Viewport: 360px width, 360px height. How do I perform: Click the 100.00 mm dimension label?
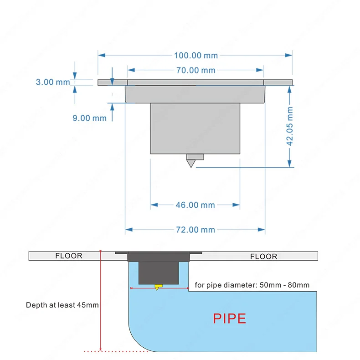click(x=195, y=56)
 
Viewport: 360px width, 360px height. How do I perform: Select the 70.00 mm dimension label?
click(x=195, y=70)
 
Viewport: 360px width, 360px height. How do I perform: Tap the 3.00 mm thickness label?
click(x=53, y=82)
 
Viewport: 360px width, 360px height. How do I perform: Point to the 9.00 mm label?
click(x=89, y=118)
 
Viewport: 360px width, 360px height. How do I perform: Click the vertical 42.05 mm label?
click(x=290, y=126)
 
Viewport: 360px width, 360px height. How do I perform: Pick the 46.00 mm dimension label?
click(x=195, y=205)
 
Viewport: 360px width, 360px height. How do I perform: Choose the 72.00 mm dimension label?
click(x=195, y=230)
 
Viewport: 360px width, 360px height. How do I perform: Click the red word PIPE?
click(x=230, y=318)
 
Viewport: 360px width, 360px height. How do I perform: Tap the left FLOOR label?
click(x=69, y=256)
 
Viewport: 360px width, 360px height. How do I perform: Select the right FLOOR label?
click(x=263, y=257)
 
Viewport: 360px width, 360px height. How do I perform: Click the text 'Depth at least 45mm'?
click(x=62, y=305)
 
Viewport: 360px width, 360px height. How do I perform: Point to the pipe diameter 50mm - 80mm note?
click(x=252, y=285)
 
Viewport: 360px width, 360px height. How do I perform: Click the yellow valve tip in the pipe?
click(x=157, y=287)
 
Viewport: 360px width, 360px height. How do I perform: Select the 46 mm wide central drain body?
click(x=195, y=128)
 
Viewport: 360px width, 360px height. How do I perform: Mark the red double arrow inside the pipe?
click(x=159, y=288)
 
